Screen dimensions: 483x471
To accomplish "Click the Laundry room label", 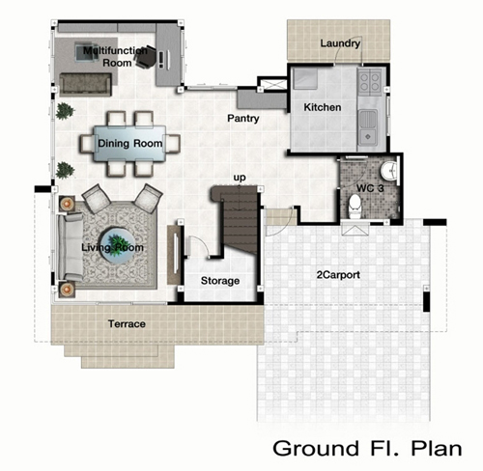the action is pos(340,43).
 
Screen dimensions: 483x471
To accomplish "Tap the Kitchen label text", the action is pos(323,107).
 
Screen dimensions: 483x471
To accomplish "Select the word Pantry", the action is pos(243,119).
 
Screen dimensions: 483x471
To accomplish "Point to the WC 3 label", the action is pos(370,188).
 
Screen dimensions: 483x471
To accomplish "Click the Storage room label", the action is pos(220,281).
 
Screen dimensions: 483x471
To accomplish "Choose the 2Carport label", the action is pos(338,275).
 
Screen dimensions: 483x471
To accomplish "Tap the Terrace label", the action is pos(127,323).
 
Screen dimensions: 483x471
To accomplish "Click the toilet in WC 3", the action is pos(355,206).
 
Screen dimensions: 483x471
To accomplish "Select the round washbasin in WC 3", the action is pos(389,170).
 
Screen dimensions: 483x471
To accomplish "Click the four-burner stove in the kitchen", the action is pos(370,83).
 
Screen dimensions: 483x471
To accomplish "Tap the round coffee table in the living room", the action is pos(116,246).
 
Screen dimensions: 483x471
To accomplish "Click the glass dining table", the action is pos(129,144).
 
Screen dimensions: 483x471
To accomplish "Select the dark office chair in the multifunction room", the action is pos(145,57).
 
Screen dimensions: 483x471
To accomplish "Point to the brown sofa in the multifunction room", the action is pos(86,85).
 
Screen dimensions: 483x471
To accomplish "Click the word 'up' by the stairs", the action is pos(240,178).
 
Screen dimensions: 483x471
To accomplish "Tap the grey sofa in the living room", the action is pos(71,247).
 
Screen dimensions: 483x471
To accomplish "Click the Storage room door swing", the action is pos(198,246).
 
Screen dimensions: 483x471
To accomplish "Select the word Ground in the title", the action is pos(316,448).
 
